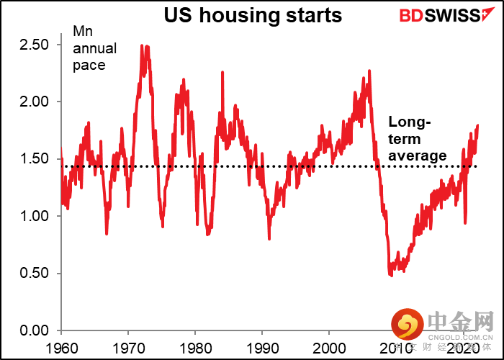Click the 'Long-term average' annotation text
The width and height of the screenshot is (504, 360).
pos(418,139)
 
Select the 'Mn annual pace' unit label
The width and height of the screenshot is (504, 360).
pos(89,49)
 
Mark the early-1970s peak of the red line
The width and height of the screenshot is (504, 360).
pos(143,45)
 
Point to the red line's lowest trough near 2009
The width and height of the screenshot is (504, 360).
pos(392,276)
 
